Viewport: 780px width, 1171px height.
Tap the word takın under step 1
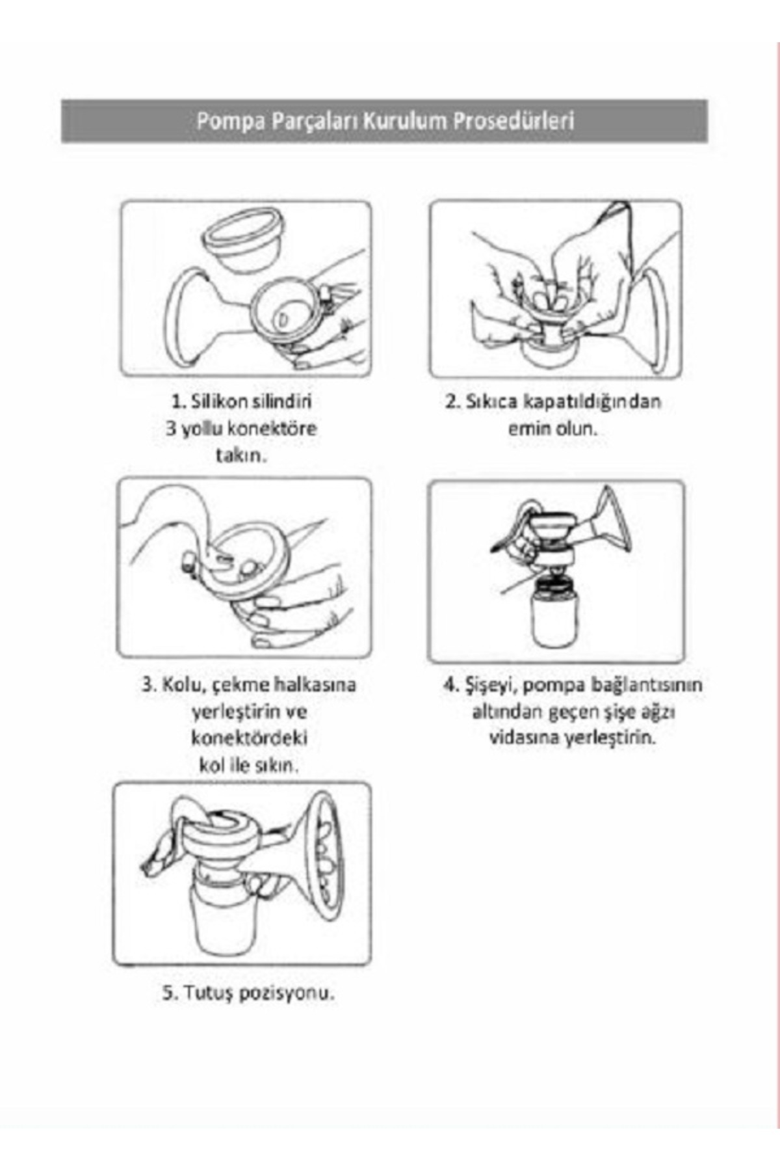point(241,455)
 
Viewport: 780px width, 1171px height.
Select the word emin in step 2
point(524,429)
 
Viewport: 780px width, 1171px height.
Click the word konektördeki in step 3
point(249,738)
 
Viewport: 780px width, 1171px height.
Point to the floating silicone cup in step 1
point(242,238)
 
